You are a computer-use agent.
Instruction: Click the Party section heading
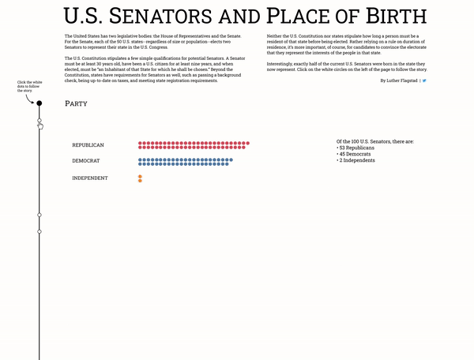pyautogui.click(x=77, y=103)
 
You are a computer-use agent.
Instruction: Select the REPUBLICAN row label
pyautogui.click(x=88, y=145)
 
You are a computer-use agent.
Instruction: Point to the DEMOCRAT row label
pyautogui.click(x=86, y=161)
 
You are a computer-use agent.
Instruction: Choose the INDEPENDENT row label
pyautogui.click(x=90, y=178)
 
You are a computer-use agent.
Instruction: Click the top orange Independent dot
pyautogui.click(x=140, y=176)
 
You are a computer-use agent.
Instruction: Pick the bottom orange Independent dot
pyautogui.click(x=140, y=181)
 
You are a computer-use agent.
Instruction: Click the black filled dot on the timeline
pyautogui.click(x=39, y=103)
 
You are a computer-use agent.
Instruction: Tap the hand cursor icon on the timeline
pyautogui.click(x=40, y=125)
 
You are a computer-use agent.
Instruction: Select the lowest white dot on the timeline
pyautogui.click(x=39, y=231)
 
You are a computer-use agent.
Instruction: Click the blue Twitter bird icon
pyautogui.click(x=424, y=81)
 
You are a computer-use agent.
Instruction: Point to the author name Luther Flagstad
pyautogui.click(x=399, y=81)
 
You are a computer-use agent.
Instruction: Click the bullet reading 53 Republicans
pyautogui.click(x=356, y=148)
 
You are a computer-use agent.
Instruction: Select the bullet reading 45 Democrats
pyautogui.click(x=355, y=154)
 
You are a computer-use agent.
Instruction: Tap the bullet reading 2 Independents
pyautogui.click(x=356, y=160)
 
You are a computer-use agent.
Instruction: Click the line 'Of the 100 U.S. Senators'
pyautogui.click(x=374, y=141)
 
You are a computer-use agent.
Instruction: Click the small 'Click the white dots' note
pyautogui.click(x=27, y=85)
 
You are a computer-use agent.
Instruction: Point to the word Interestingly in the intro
pyautogui.click(x=282, y=62)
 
